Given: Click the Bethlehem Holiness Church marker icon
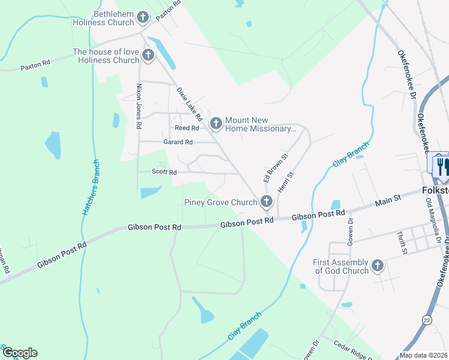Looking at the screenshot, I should point(143,17).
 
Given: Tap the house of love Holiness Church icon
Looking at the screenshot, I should point(148,56).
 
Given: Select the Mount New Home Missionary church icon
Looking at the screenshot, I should point(215,123).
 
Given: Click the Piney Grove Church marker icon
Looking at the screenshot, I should point(266,202).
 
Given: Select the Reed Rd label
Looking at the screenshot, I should point(186,128).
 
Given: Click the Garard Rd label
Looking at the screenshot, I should point(178,142).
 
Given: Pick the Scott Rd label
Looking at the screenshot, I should point(164,172).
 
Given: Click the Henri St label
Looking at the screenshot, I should point(285,182).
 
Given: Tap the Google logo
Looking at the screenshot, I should point(19,353).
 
